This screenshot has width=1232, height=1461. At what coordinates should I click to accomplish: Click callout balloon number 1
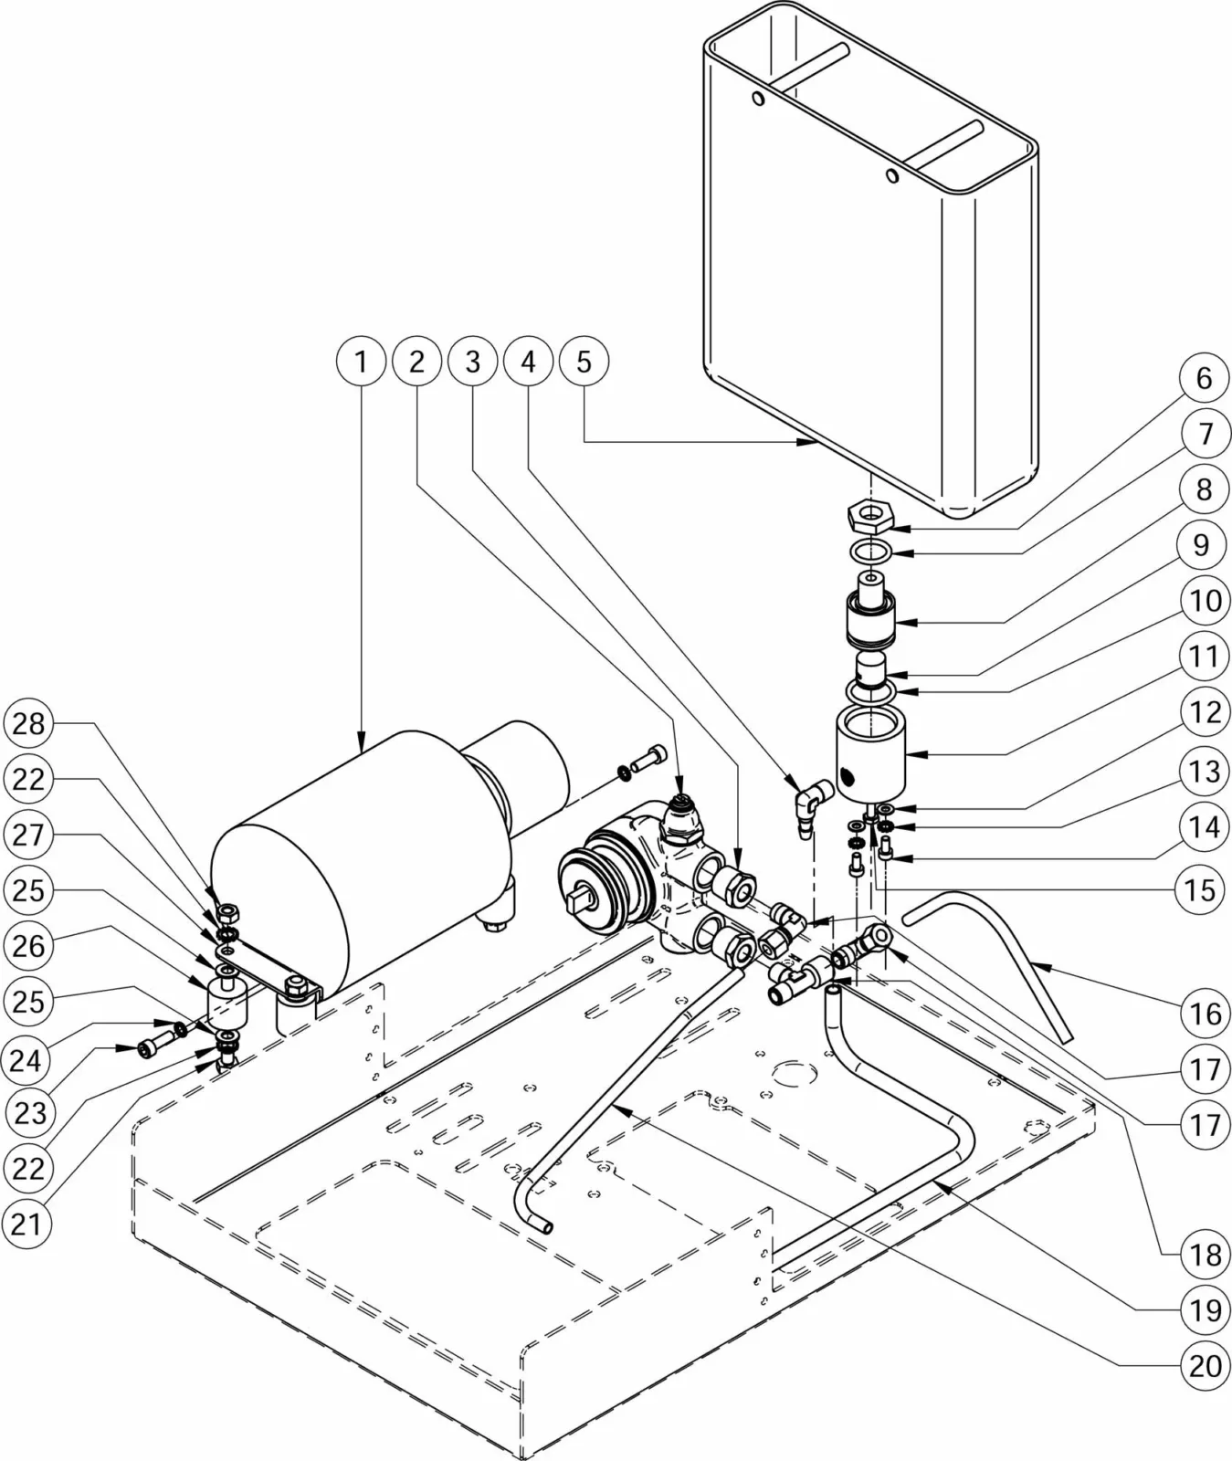tap(362, 363)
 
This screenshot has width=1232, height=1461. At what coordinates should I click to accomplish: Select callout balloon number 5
tap(584, 363)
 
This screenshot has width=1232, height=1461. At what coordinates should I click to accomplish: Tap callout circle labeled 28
tap(28, 724)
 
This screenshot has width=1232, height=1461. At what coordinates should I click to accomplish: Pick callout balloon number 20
tap(1205, 1367)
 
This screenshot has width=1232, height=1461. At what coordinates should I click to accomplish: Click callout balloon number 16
tap(1205, 1014)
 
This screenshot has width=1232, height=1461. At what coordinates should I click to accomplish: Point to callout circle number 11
tap(1205, 658)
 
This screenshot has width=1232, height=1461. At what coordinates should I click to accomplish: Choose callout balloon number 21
tap(28, 1224)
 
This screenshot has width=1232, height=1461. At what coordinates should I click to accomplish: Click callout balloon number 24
tap(28, 1059)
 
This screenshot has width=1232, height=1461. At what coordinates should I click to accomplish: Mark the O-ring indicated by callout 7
tap(869, 552)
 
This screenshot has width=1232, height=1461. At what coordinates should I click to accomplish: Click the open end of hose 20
tap(549, 1229)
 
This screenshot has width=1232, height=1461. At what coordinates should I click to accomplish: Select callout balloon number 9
tap(1205, 545)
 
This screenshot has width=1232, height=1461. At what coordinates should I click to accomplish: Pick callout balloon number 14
tap(1205, 826)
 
